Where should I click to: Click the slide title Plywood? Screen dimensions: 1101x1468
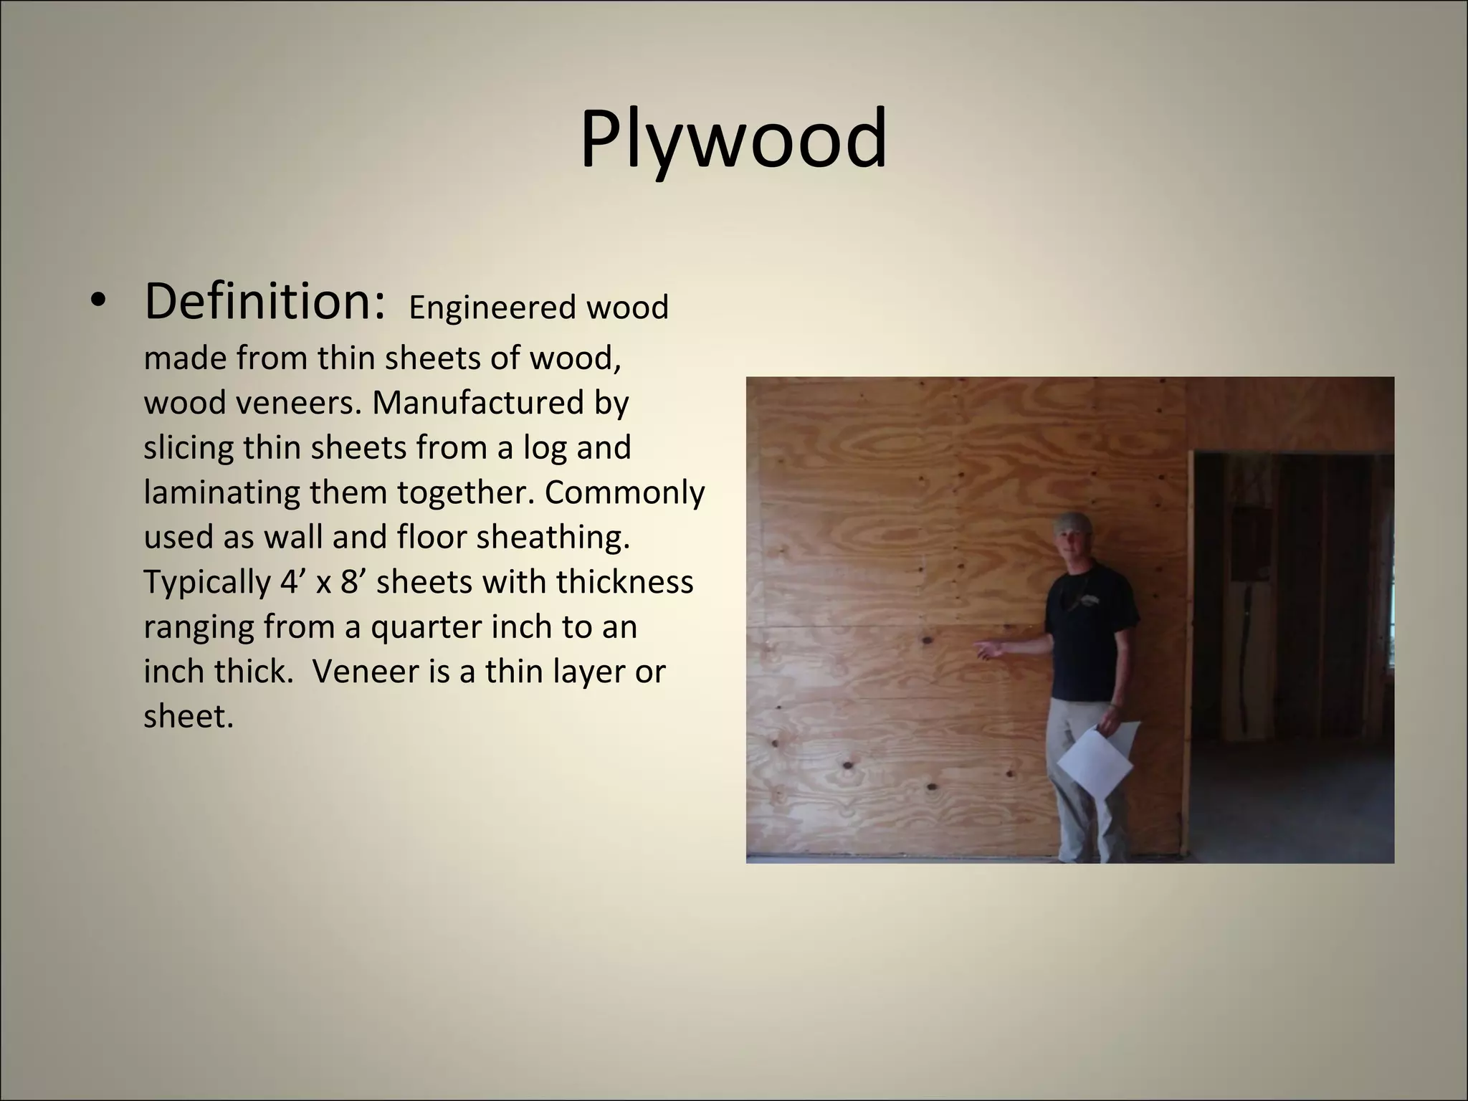pyautogui.click(x=733, y=139)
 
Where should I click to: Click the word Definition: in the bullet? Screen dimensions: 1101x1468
pyautogui.click(x=265, y=302)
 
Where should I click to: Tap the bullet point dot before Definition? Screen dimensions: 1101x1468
pyautogui.click(x=98, y=302)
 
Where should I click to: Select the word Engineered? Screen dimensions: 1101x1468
pyautogui.click(x=492, y=308)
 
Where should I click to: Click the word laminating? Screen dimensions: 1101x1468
pyautogui.click(x=221, y=492)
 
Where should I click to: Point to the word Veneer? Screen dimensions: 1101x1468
pyautogui.click(x=365, y=671)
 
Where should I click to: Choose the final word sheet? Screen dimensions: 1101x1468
pyautogui.click(x=188, y=716)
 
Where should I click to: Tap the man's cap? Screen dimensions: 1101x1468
pyautogui.click(x=1073, y=521)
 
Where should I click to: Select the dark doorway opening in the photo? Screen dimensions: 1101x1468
pyautogui.click(x=1290, y=645)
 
